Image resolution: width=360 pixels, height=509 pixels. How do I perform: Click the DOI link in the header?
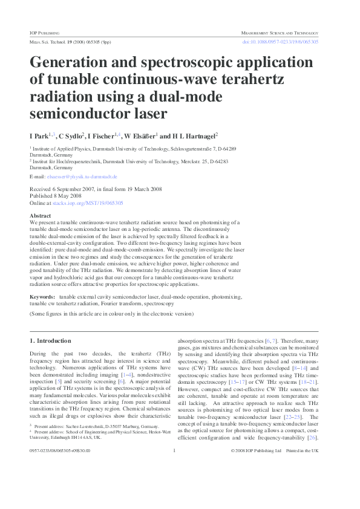280,42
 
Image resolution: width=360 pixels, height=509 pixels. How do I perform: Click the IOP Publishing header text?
44,33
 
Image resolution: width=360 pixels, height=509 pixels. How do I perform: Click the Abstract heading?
41,215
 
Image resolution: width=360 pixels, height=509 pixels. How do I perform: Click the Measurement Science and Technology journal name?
279,33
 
